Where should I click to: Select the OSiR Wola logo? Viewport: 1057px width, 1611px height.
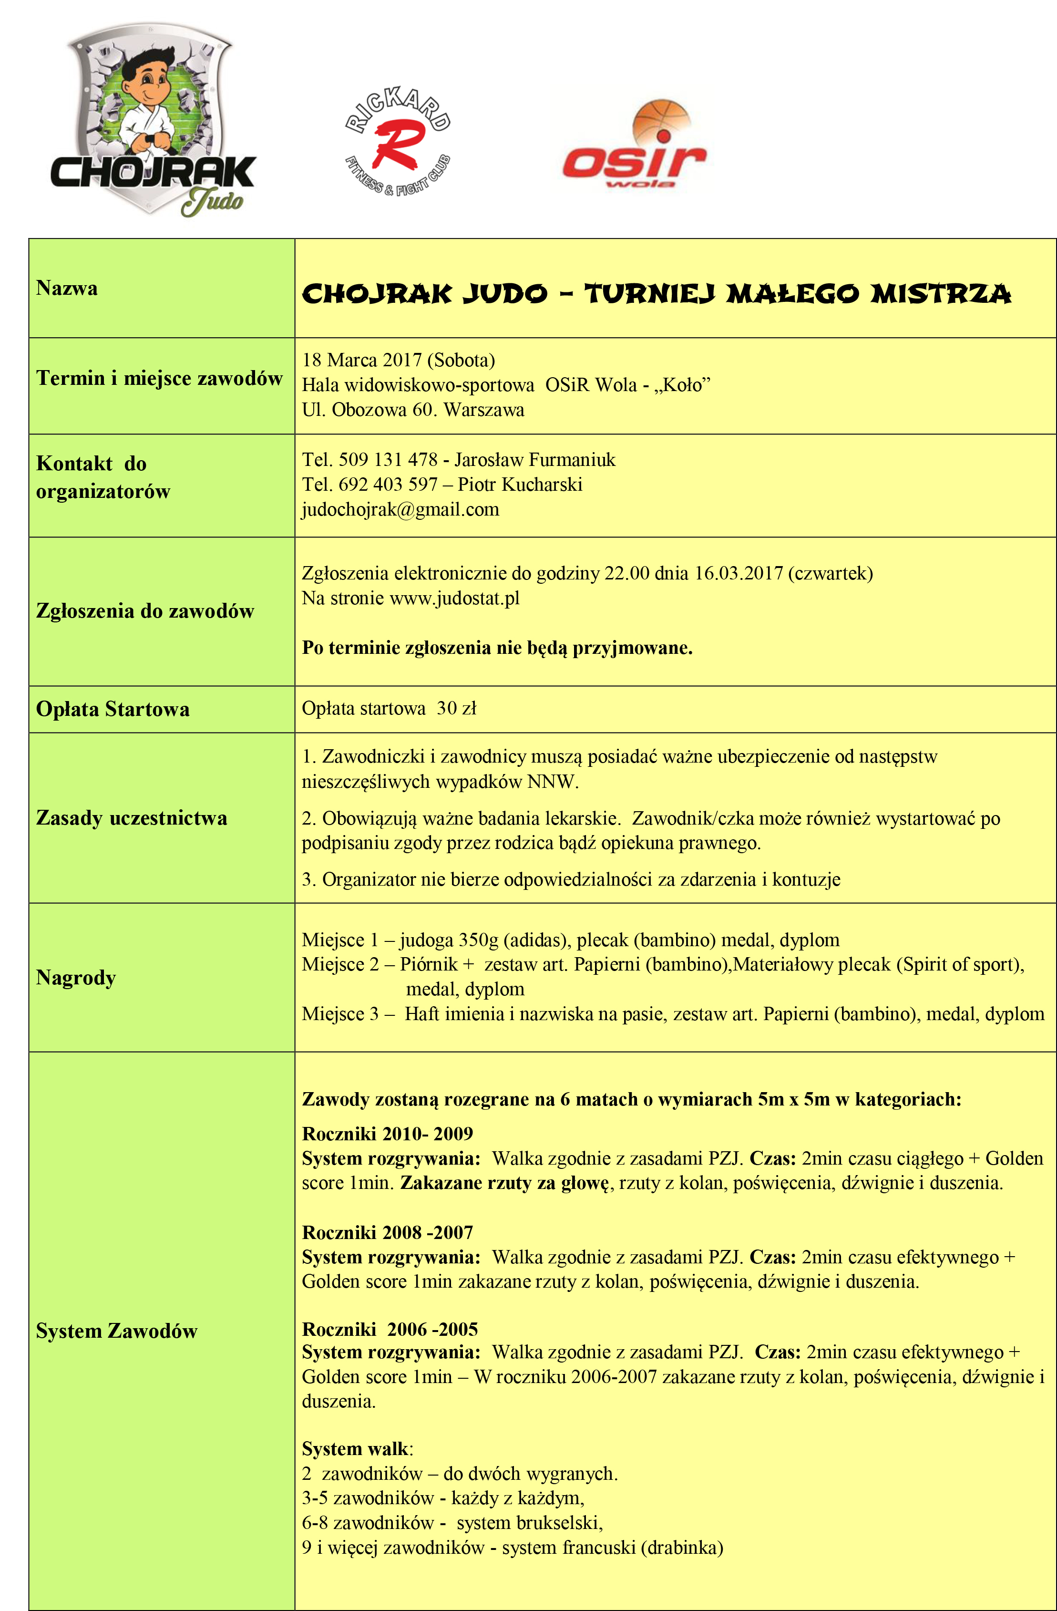coord(634,149)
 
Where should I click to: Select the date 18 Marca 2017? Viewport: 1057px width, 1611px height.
coord(362,360)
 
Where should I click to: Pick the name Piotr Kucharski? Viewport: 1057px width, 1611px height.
coord(520,485)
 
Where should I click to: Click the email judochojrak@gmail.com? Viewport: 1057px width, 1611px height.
coord(400,510)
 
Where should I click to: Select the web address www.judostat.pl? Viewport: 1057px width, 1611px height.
coord(454,599)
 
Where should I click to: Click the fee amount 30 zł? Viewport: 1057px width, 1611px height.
coord(457,709)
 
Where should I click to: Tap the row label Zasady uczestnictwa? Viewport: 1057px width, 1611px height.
coord(131,818)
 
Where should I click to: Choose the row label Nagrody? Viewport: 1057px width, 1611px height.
coord(76,978)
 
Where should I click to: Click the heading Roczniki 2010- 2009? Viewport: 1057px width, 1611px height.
coord(387,1133)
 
